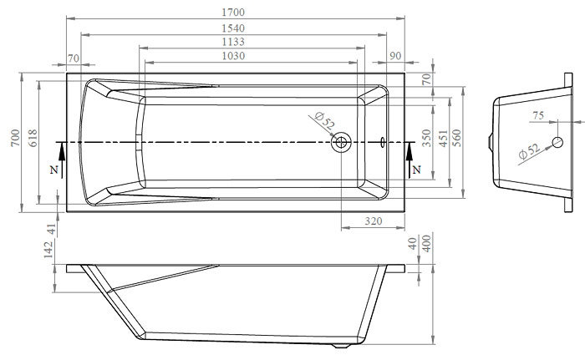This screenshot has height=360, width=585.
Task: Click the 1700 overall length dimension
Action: tap(233, 13)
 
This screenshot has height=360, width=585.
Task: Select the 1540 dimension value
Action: tap(233, 28)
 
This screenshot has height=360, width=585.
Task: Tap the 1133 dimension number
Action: tap(233, 42)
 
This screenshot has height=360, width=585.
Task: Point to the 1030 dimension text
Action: tap(233, 56)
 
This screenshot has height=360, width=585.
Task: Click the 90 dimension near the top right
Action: tap(395, 56)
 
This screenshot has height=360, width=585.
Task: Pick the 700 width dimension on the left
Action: tap(15, 138)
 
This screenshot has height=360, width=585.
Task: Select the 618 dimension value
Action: tap(33, 138)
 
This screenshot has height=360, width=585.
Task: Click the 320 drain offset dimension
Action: tap(373, 221)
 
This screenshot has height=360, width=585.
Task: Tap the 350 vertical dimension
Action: tap(426, 138)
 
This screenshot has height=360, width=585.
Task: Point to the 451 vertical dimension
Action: tap(443, 139)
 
